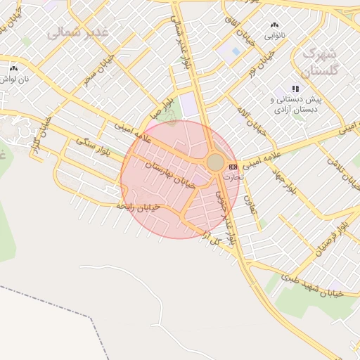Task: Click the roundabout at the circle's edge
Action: (215, 163)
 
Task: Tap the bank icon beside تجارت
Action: (233, 167)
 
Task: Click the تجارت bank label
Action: (231, 177)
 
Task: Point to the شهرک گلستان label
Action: (320, 62)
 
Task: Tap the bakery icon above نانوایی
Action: (274, 25)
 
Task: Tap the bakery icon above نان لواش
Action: (13, 69)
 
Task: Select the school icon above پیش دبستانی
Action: (295, 89)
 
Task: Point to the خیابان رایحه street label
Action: (139, 207)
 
